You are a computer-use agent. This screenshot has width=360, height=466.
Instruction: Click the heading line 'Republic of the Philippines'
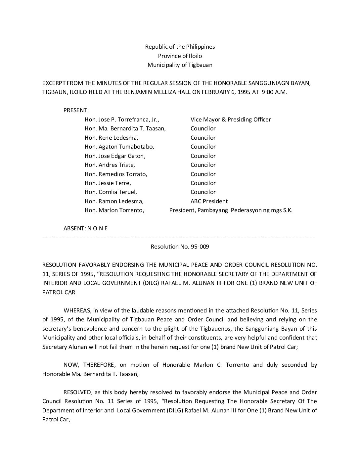[180, 47]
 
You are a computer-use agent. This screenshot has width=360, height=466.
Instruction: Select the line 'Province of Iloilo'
[180, 56]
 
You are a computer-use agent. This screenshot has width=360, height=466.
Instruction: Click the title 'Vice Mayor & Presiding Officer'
[231, 119]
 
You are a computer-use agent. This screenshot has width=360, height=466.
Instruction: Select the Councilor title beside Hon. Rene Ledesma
[203, 138]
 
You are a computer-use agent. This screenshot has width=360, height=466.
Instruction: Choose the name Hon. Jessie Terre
[108, 183]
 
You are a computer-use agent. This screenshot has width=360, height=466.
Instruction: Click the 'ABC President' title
[209, 201]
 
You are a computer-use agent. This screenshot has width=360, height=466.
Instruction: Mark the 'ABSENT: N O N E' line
[85, 228]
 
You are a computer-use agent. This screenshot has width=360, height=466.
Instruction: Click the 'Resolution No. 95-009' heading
[180, 247]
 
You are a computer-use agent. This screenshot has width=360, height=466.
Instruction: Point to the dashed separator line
[179, 238]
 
